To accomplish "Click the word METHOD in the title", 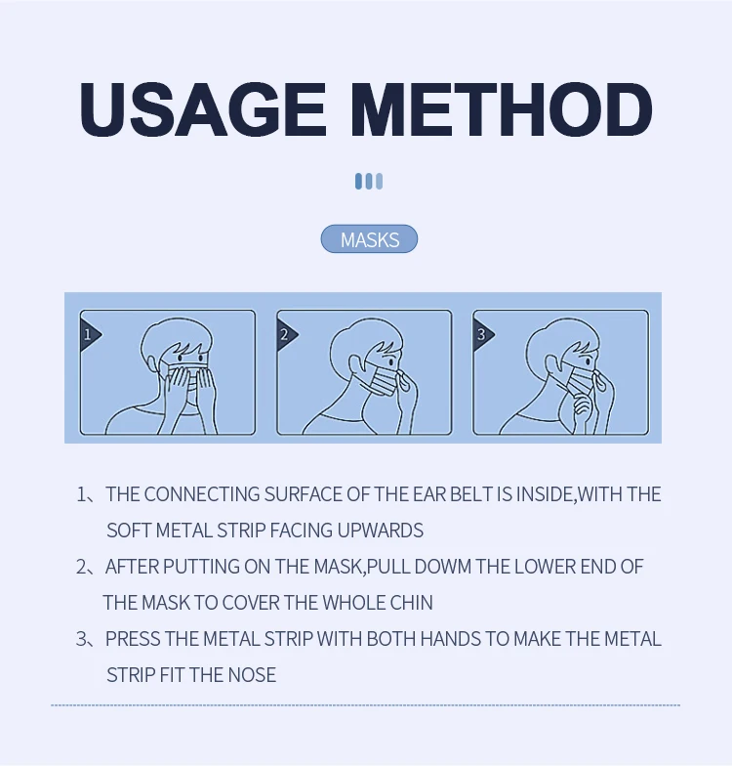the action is [502, 109].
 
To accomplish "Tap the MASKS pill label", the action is [369, 238].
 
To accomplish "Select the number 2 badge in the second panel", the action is [286, 334].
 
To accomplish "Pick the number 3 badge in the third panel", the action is [482, 334].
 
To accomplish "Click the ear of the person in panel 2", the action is [355, 363].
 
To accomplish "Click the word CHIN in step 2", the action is [412, 603].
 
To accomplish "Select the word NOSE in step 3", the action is [252, 675].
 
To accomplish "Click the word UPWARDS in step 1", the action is [381, 531].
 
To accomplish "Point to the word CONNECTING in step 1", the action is [201, 494].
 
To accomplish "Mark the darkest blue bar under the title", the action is [359, 182].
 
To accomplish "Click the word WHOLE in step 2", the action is [353, 603].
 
